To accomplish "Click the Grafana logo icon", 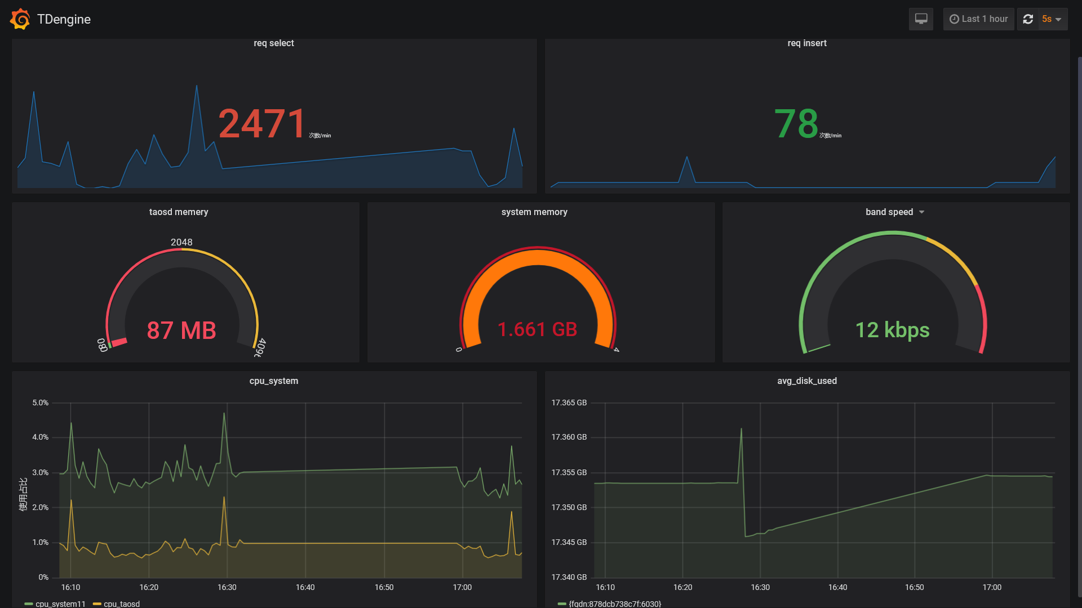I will [x=20, y=19].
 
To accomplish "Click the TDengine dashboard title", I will [x=64, y=19].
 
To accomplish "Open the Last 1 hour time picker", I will [x=978, y=19].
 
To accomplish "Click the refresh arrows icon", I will [x=1028, y=19].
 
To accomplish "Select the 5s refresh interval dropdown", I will [x=1052, y=19].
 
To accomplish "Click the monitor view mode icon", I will [x=921, y=19].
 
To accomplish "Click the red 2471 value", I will [x=262, y=123].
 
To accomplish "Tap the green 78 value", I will [x=796, y=123].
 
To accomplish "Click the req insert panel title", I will [x=806, y=43].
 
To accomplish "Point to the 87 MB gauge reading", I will [x=181, y=330].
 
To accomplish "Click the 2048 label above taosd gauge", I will [x=181, y=242].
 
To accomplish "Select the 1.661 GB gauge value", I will [x=537, y=329].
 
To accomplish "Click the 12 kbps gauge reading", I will [x=892, y=330].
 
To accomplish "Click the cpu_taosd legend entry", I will [x=121, y=603].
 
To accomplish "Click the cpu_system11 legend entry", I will [x=60, y=603].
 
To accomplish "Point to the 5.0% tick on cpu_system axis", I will [x=40, y=403].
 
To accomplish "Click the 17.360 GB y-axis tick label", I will [x=569, y=437].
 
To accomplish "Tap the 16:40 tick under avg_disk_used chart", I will [x=837, y=587].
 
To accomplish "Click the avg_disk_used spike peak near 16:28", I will [x=741, y=430].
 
